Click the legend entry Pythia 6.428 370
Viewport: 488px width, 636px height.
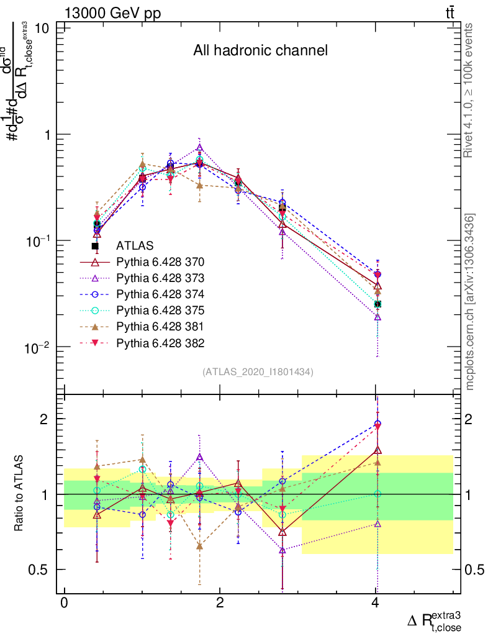point(160,261)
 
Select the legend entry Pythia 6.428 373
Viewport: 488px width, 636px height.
point(160,278)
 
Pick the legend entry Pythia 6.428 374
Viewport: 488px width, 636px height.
point(160,294)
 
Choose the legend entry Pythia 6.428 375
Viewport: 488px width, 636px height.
point(160,310)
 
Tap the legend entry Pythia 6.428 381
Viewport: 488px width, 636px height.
point(160,326)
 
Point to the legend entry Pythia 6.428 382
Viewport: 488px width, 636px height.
point(160,343)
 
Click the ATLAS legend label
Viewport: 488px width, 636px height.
point(135,245)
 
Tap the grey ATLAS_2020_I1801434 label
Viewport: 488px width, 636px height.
point(258,371)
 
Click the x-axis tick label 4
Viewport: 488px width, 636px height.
point(375,604)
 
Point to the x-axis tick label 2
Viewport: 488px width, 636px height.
point(219,604)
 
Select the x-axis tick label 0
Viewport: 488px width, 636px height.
point(64,604)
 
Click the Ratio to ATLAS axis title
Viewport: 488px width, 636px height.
point(19,494)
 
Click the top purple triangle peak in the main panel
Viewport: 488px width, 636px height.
point(199,148)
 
